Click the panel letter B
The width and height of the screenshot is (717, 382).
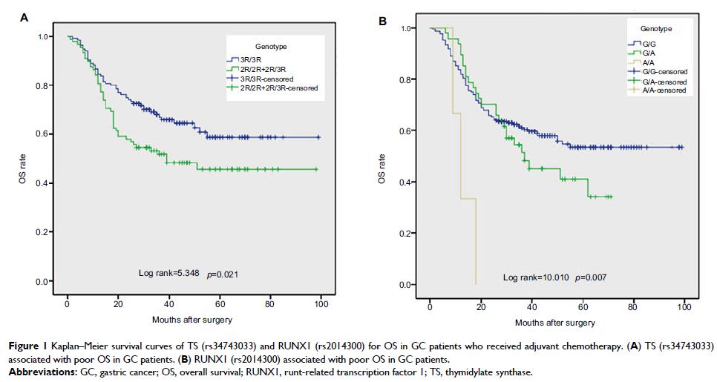[382, 21]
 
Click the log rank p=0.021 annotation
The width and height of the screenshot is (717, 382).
[188, 274]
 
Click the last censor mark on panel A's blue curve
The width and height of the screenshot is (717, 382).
[318, 137]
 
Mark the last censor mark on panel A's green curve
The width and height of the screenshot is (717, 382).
[316, 170]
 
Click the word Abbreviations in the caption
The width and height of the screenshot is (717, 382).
[41, 370]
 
